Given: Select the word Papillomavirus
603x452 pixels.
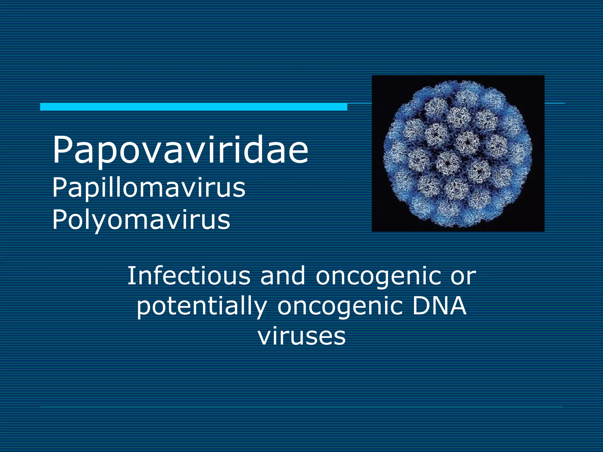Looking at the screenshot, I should click(x=149, y=188).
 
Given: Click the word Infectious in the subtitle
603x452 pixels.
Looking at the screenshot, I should click(x=188, y=276).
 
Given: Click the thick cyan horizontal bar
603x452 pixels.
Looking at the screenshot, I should click(x=193, y=107).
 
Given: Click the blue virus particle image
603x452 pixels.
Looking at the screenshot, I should click(x=458, y=153).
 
